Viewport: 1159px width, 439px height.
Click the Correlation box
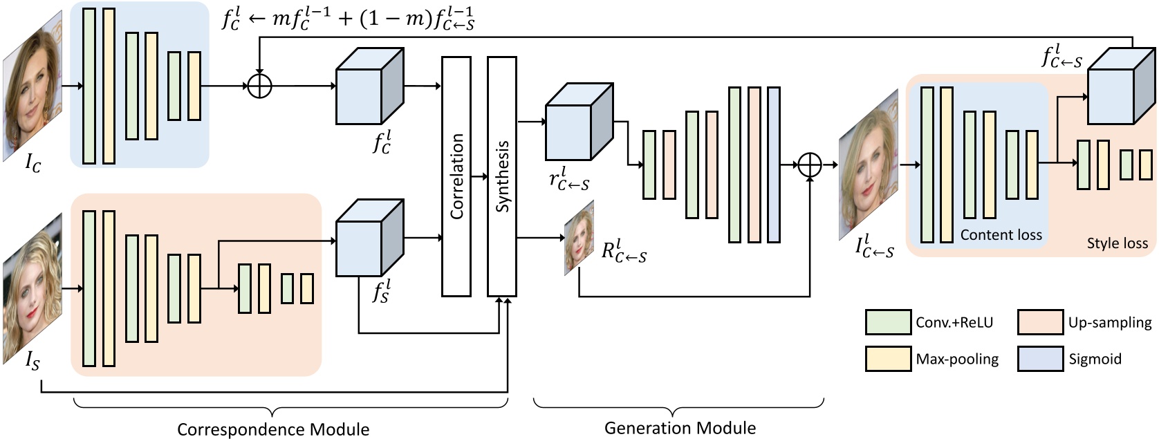[456, 176]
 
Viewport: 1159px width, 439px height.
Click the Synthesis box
[502, 176]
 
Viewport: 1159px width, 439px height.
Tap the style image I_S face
[33, 289]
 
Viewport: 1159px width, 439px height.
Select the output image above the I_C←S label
[869, 166]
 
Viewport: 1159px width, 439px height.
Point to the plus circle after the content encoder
[259, 86]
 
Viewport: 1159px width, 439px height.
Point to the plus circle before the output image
[810, 165]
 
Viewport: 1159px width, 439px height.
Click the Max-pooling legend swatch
[888, 359]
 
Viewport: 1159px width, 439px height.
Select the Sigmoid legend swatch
[1040, 359]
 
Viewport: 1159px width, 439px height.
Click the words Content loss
[1001, 235]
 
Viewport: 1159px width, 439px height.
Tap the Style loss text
[1117, 243]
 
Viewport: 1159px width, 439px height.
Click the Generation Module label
[680, 428]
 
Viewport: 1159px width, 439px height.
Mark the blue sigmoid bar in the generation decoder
[774, 165]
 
